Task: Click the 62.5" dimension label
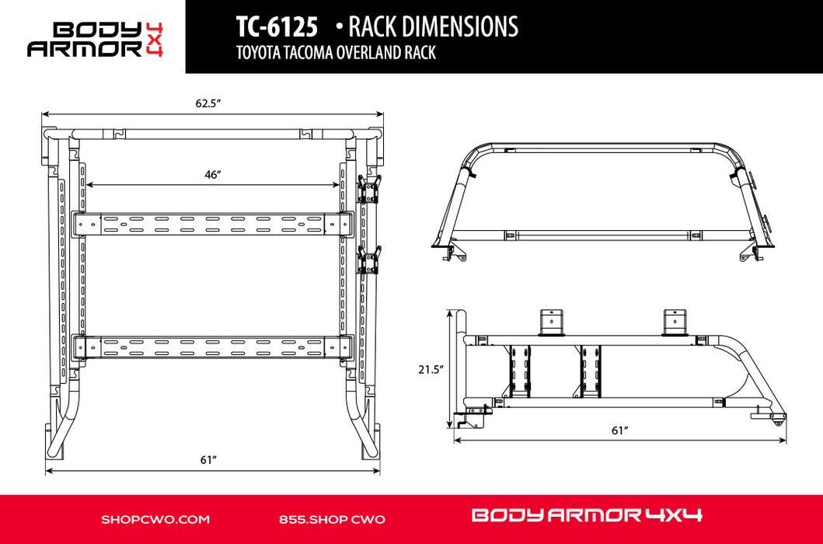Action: click(x=207, y=103)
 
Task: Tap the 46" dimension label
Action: click(x=212, y=175)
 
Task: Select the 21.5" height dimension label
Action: click(x=431, y=369)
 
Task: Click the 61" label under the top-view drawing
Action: click(x=208, y=460)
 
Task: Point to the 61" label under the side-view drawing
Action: click(x=620, y=431)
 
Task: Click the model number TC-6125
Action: click(x=277, y=26)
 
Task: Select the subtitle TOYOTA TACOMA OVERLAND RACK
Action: click(x=336, y=53)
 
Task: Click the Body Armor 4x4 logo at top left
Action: click(x=95, y=39)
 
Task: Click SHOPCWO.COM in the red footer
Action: click(x=155, y=519)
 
